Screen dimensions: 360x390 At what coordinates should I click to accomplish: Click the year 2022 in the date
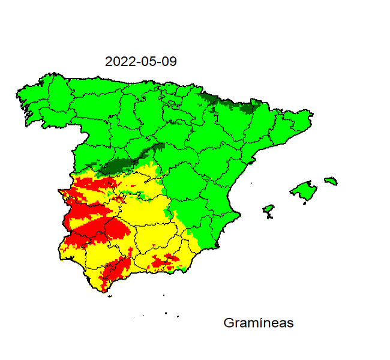pos(119,62)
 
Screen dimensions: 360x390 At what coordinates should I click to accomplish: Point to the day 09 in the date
pos(169,62)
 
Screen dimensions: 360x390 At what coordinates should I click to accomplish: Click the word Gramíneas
pos(258,323)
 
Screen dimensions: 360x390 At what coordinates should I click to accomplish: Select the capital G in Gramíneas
pos(229,323)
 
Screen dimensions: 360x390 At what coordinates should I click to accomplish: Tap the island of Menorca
pos(331,181)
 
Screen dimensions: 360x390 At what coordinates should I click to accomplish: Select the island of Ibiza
pos(268,210)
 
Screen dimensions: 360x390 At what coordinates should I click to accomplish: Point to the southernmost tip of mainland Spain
pos(104,292)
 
